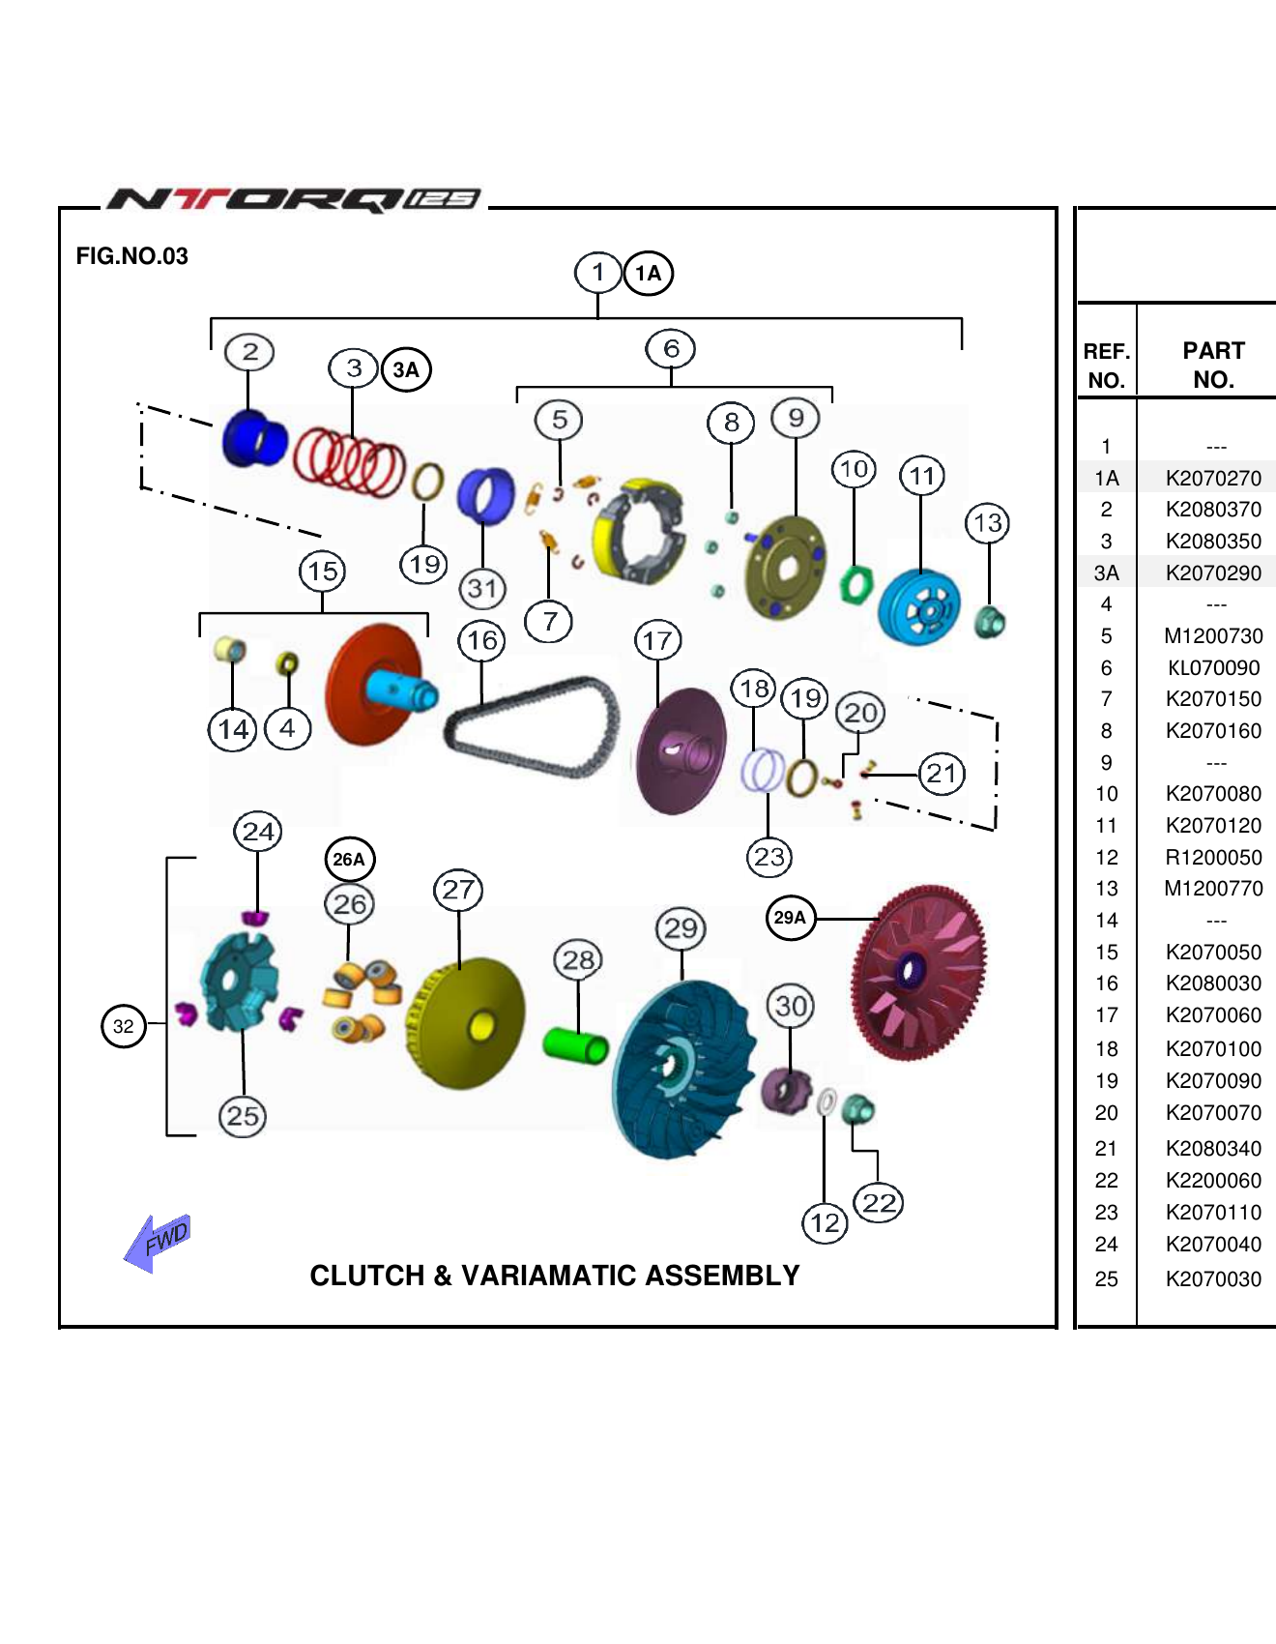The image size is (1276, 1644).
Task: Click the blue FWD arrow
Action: pos(157,1242)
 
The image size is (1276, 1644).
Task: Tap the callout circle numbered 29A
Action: pos(790,917)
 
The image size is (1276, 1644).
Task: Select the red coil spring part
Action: pos(349,462)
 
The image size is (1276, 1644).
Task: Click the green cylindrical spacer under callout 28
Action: pos(575,1044)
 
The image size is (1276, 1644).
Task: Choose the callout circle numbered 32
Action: pos(124,1026)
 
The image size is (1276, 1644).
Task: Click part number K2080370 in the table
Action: pos(1213,510)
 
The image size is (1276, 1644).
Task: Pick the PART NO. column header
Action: pos(1213,365)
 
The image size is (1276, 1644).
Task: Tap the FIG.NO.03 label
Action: pos(132,256)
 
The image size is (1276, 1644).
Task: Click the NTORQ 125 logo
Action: pos(294,199)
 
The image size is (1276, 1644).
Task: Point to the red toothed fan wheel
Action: pos(918,972)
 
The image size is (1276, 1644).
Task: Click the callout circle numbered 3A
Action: pos(406,369)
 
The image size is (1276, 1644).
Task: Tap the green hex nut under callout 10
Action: pos(855,584)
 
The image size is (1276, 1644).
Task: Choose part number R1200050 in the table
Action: pos(1213,858)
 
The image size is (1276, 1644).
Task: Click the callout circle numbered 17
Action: pos(657,640)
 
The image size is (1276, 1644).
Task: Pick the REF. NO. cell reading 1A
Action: pos(1107,478)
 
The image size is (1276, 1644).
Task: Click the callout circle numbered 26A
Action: pos(349,859)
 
